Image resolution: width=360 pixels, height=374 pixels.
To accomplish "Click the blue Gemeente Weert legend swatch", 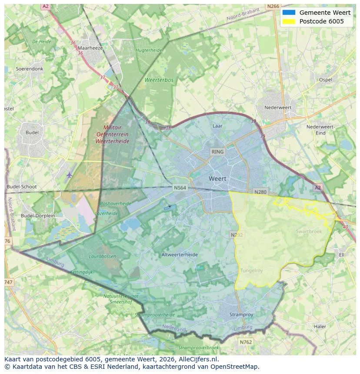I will click(288, 13).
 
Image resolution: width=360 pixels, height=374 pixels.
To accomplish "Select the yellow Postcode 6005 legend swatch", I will click(288, 21).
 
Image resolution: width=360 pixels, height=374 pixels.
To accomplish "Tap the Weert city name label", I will click(217, 179).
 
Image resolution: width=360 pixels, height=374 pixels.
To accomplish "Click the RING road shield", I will click(217, 152).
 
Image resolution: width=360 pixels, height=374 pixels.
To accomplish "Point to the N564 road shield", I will click(180, 188).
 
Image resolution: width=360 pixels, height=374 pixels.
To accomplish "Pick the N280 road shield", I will click(260, 192).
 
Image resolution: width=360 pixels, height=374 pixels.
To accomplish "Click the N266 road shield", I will click(273, 6).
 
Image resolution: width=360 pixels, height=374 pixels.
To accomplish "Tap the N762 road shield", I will click(246, 342).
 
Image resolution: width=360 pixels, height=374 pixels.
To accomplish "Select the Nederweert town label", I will click(278, 107).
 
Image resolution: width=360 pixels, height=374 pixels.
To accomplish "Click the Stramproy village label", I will click(242, 314).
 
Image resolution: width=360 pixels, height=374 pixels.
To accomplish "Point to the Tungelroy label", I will click(251, 271).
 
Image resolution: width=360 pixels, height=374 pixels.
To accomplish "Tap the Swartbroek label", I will click(309, 232).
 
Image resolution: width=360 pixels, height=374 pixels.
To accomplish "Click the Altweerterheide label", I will click(179, 255).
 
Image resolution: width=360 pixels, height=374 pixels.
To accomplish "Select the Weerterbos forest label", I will click(159, 80).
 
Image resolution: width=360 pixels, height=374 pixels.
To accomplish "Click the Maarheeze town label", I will click(90, 48).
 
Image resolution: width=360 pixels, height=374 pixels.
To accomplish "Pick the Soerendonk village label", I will click(30, 69).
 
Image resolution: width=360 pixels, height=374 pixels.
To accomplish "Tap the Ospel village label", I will click(325, 80).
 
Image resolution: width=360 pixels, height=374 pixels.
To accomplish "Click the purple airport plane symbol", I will click(70, 175).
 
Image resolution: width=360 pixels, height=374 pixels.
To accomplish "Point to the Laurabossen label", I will click(103, 256).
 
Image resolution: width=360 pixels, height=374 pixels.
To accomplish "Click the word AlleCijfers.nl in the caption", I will click(198, 359).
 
